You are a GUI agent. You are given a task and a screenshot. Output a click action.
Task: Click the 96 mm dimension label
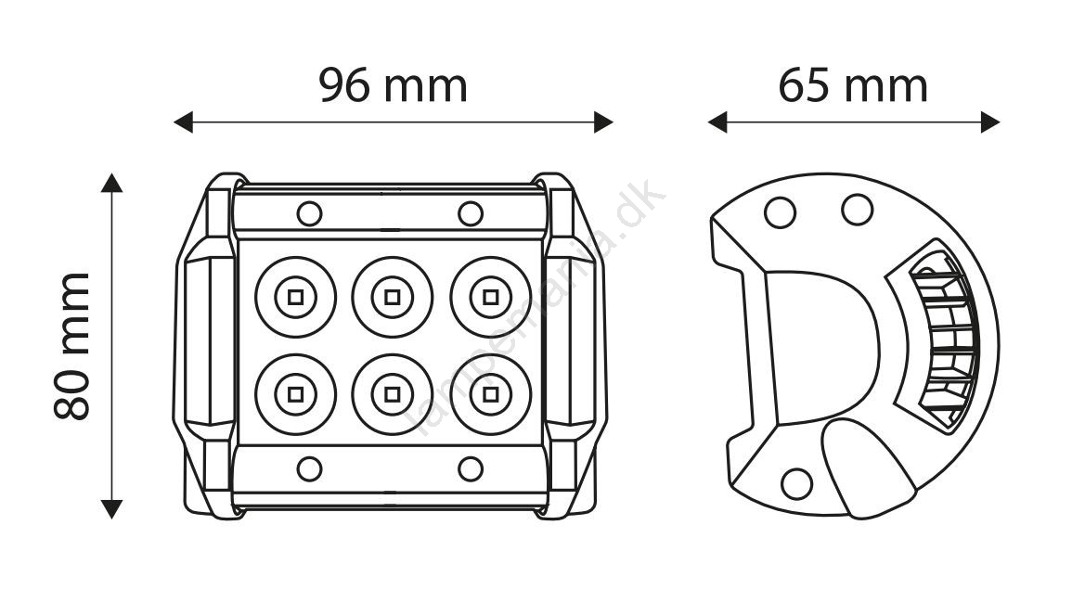click(x=394, y=85)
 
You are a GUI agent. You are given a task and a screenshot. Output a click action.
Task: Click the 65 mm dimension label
click(x=853, y=85)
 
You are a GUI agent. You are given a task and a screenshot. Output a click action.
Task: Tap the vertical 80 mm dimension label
click(x=71, y=345)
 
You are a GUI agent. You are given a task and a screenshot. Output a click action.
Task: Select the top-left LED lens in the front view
click(x=296, y=297)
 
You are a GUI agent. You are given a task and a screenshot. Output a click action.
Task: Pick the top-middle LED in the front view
click(x=393, y=297)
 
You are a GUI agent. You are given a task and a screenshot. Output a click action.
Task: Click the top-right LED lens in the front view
click(x=490, y=297)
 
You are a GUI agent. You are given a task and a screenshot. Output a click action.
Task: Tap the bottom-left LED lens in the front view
click(x=296, y=394)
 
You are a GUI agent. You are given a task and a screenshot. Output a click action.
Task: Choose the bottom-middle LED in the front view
click(x=393, y=394)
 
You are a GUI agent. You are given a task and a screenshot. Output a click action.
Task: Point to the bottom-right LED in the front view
click(x=490, y=394)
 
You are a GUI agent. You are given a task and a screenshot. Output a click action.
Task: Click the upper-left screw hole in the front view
click(x=310, y=214)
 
